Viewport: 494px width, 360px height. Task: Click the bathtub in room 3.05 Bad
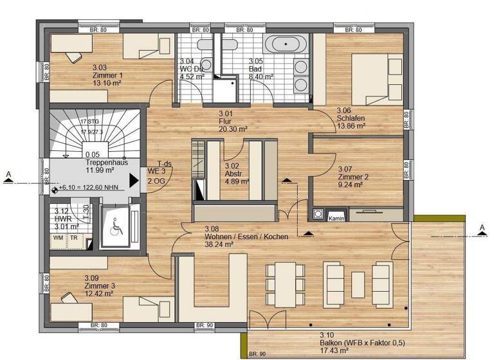pyautogui.click(x=287, y=45)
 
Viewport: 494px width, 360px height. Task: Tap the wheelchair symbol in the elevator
pyautogui.click(x=116, y=226)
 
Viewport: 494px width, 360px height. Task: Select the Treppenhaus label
pyautogui.click(x=105, y=163)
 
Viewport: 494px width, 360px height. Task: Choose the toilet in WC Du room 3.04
pyautogui.click(x=205, y=45)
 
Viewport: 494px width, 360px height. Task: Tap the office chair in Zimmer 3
pyautogui.click(x=68, y=297)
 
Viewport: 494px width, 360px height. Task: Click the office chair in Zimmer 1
pyautogui.click(x=71, y=56)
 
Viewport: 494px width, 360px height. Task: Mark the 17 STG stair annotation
pyautogui.click(x=91, y=122)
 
